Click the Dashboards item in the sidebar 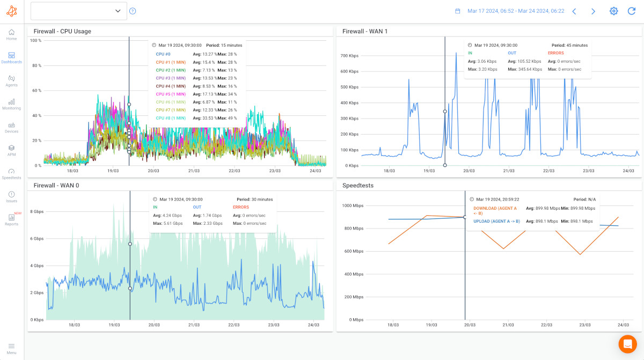[11, 57]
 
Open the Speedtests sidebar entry [11, 173]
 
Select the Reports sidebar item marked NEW [11, 219]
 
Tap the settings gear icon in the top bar [613, 11]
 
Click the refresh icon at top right [631, 11]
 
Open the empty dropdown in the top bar [79, 11]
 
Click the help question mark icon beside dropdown [133, 11]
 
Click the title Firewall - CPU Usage [62, 31]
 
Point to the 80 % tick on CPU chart [36, 65]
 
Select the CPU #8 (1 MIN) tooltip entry [170, 118]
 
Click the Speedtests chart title [358, 185]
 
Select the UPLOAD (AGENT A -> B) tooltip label [496, 221]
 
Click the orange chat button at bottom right [627, 343]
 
